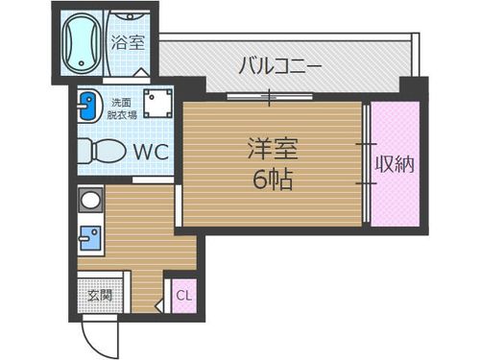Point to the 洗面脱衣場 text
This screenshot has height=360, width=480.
point(121,107)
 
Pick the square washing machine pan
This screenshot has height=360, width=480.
point(156,103)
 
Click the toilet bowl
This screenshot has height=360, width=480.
point(101,152)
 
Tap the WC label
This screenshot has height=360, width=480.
point(151,153)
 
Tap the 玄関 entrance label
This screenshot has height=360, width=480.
point(99,295)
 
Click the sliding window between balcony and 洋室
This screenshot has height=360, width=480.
point(270,95)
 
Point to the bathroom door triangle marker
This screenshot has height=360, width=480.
point(140,73)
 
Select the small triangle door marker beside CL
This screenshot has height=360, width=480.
point(170,280)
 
